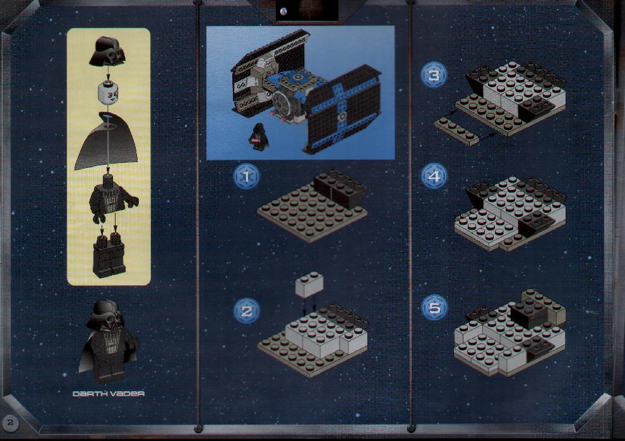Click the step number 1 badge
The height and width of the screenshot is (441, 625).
tap(246, 177)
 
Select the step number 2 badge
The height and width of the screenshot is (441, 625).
tap(246, 311)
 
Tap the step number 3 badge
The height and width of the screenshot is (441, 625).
tap(434, 75)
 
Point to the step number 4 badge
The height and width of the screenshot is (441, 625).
tap(434, 175)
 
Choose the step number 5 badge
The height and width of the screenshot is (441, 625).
tap(434, 307)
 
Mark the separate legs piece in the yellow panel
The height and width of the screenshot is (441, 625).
tap(109, 255)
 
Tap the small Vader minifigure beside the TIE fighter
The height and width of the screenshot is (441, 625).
tap(259, 137)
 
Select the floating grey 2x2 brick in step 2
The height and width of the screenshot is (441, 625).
tap(309, 285)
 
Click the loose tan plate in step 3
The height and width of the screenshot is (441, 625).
tap(457, 131)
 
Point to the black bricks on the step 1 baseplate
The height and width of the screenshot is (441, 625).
tap(341, 187)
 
